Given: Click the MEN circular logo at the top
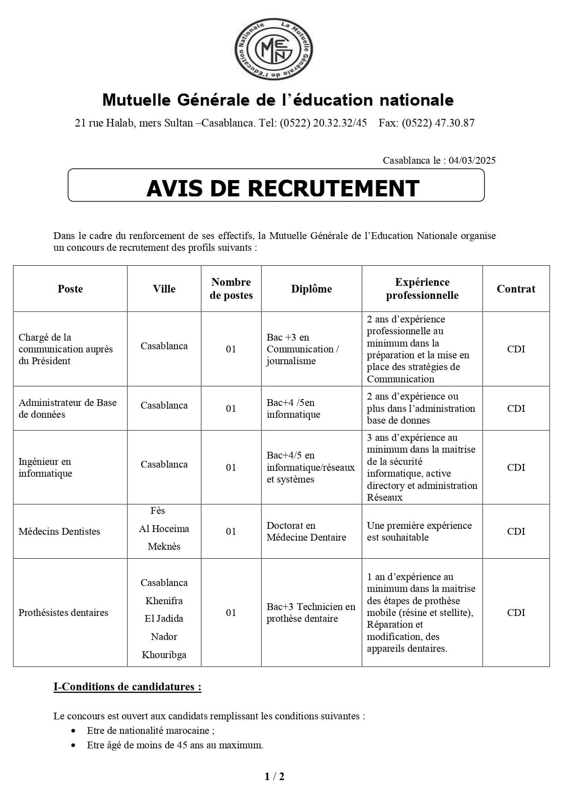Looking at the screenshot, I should (274, 48).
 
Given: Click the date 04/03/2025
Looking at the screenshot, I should (472, 160).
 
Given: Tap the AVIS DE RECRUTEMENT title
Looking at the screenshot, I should (282, 188).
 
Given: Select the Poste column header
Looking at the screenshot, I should (70, 289).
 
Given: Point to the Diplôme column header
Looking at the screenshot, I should (311, 289).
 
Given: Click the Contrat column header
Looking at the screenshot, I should (516, 289).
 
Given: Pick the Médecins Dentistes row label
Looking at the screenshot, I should (59, 532).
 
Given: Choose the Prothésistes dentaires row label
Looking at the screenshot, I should (63, 613).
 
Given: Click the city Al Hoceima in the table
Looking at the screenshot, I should (164, 529).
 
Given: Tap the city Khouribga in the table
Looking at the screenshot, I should (164, 655).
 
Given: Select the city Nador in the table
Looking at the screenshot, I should (164, 637).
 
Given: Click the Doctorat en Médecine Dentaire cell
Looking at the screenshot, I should (306, 532).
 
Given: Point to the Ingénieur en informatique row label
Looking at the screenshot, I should (45, 468).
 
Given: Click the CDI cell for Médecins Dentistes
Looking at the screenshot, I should (516, 532).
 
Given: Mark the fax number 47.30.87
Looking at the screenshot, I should (456, 123).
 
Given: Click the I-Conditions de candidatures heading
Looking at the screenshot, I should (127, 687).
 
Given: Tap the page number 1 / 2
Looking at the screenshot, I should (274, 776).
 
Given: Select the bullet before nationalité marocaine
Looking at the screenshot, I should (73, 731).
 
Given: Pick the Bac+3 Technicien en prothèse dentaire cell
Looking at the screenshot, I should (311, 613).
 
